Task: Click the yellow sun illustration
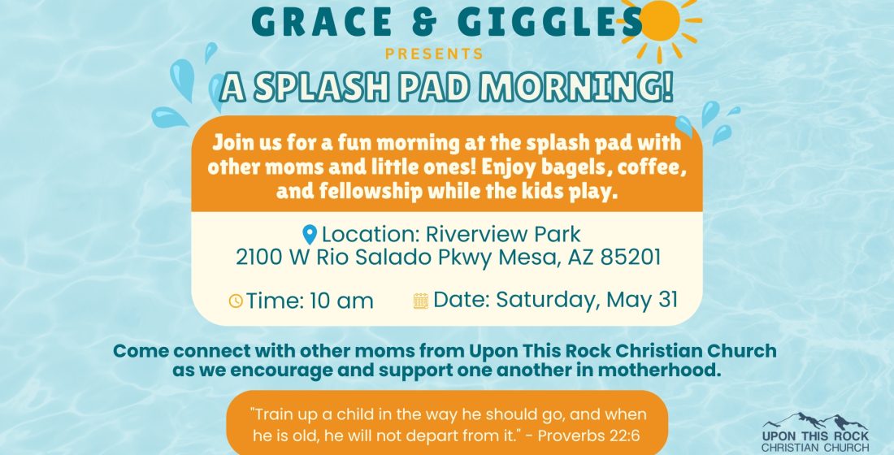click(660, 26)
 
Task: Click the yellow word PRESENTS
click(435, 54)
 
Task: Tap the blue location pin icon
click(309, 235)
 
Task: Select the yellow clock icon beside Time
click(236, 301)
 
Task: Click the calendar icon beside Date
click(421, 301)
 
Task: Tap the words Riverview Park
click(503, 234)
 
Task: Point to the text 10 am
click(341, 301)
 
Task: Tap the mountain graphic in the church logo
click(815, 422)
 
